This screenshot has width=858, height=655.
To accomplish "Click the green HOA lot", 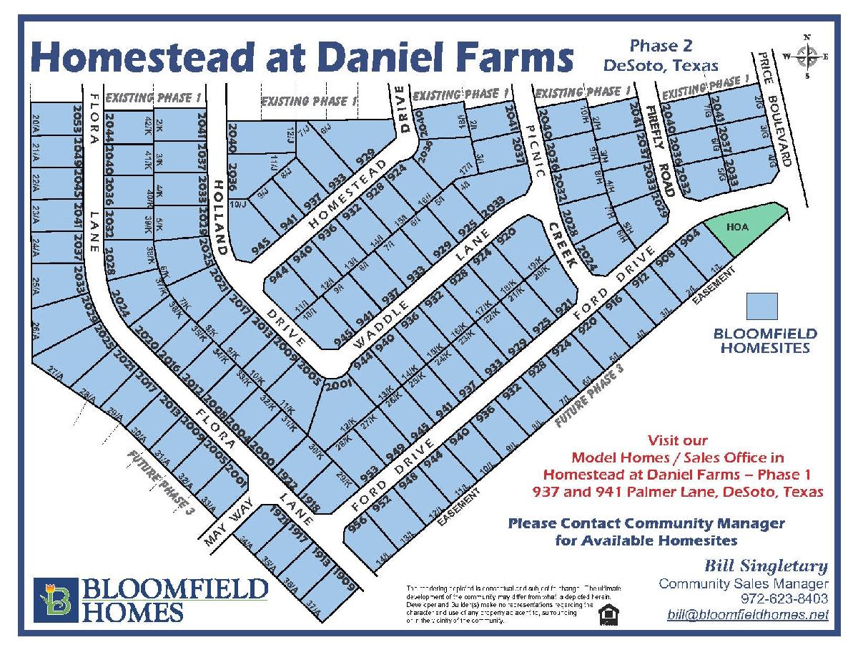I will [744, 228].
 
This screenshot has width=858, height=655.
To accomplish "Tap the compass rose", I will [807, 56].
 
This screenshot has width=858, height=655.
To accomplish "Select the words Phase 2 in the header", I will [661, 46].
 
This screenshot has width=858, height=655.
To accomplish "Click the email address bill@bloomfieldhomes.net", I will [747, 614].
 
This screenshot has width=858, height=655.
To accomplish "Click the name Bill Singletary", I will [767, 567].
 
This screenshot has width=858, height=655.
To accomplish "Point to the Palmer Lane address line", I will [677, 493].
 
